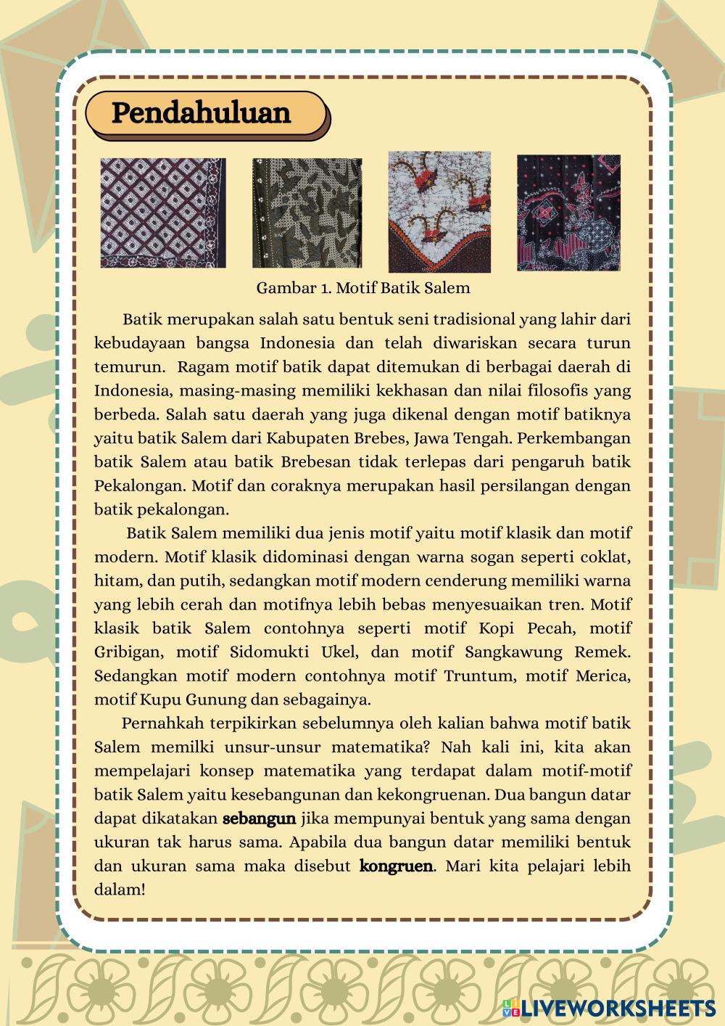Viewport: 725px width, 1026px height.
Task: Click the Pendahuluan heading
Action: [x=201, y=113]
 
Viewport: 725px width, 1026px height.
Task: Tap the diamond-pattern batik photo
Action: [x=163, y=213]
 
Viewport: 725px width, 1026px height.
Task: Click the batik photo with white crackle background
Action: [x=439, y=211]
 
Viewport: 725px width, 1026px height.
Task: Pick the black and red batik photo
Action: [x=568, y=213]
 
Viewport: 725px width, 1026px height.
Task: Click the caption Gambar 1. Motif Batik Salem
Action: [x=362, y=287]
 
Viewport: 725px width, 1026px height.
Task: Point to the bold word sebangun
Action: [x=259, y=818]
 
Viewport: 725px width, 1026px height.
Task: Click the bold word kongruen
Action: [x=396, y=866]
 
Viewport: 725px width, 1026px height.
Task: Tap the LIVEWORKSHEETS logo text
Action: [x=618, y=1008]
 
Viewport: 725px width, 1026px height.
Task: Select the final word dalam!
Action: [x=120, y=889]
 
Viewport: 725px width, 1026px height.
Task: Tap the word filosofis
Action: [x=556, y=390]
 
